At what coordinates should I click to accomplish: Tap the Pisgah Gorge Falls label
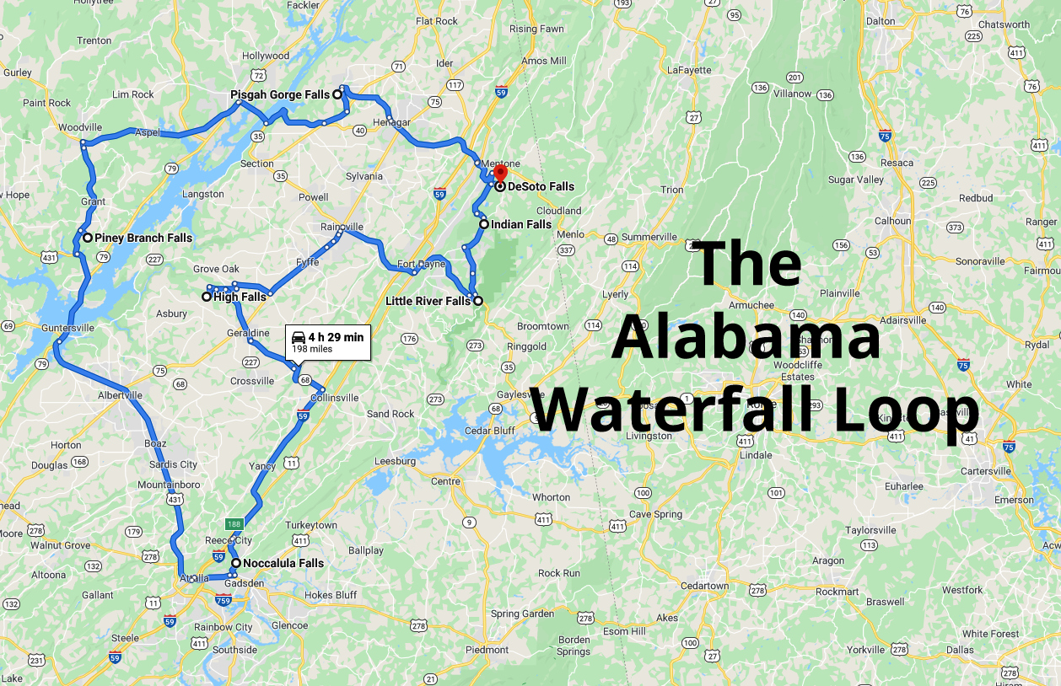[x=280, y=95]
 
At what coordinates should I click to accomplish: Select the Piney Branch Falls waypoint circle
[x=87, y=238]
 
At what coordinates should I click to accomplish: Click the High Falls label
[x=240, y=297]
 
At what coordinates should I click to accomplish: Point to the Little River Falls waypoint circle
[x=477, y=301]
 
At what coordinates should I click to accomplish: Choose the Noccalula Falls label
[x=283, y=563]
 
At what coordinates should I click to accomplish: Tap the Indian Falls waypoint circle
[x=483, y=224]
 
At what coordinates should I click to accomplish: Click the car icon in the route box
[x=299, y=337]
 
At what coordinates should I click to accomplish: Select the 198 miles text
[x=312, y=349]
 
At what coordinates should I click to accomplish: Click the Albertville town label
[x=121, y=395]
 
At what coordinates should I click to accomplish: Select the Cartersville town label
[x=986, y=471]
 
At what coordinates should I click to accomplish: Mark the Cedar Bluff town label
[x=490, y=431]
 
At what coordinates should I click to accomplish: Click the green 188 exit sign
[x=234, y=523]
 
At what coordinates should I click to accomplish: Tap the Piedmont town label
[x=487, y=650]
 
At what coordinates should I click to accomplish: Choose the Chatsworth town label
[x=1004, y=24]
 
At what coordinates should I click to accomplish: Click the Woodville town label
[x=80, y=127]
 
